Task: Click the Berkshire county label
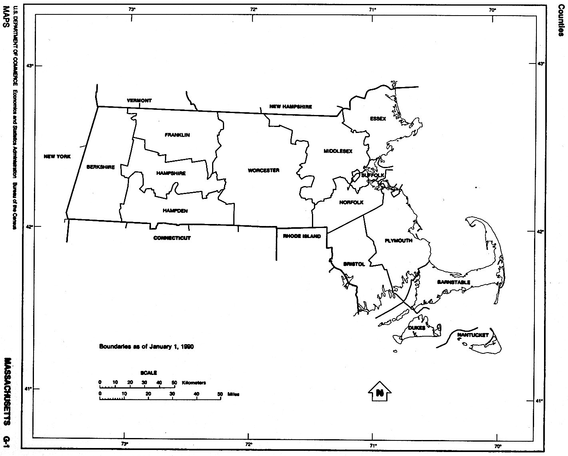[101, 167]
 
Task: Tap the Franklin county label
[177, 135]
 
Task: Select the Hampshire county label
[171, 173]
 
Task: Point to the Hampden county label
[175, 211]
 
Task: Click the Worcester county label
[264, 171]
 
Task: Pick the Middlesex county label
[338, 151]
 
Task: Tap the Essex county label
[378, 119]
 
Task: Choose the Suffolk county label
[373, 175]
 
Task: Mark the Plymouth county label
[398, 241]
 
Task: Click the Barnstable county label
[453, 282]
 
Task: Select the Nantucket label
[473, 335]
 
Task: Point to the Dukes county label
[417, 328]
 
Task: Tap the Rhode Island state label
[302, 236]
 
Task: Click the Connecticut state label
[172, 238]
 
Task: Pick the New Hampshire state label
[291, 107]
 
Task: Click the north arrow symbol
[379, 392]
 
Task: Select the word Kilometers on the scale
[194, 383]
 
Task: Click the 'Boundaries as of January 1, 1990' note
[146, 347]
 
